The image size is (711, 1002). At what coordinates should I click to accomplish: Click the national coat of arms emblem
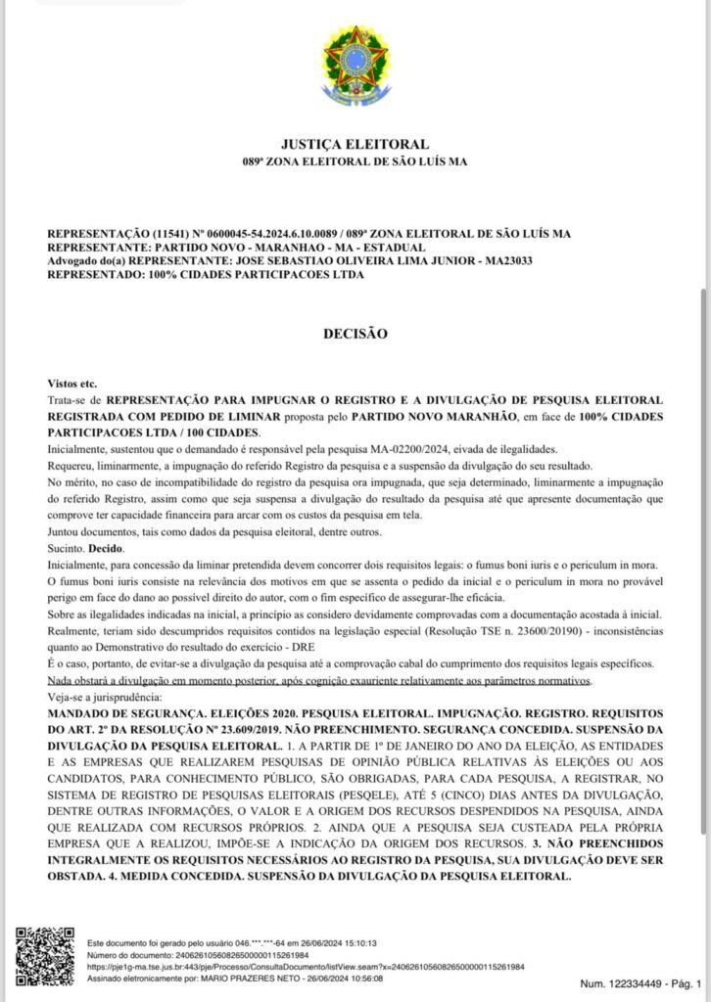(x=355, y=61)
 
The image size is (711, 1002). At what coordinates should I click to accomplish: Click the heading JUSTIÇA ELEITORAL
(x=355, y=144)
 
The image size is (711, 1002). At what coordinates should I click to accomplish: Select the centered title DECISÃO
(x=355, y=334)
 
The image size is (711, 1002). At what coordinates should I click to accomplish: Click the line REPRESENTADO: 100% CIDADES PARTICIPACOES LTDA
(x=205, y=275)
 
